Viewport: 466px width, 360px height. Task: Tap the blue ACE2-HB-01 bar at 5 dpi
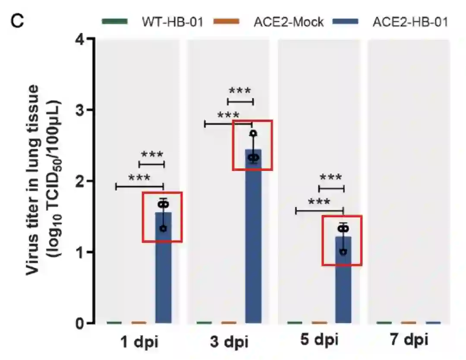pos(343,289)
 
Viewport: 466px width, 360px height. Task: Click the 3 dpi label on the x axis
pos(229,342)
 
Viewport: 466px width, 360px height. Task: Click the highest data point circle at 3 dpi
pos(253,133)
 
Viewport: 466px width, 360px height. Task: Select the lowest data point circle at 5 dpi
pos(343,252)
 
